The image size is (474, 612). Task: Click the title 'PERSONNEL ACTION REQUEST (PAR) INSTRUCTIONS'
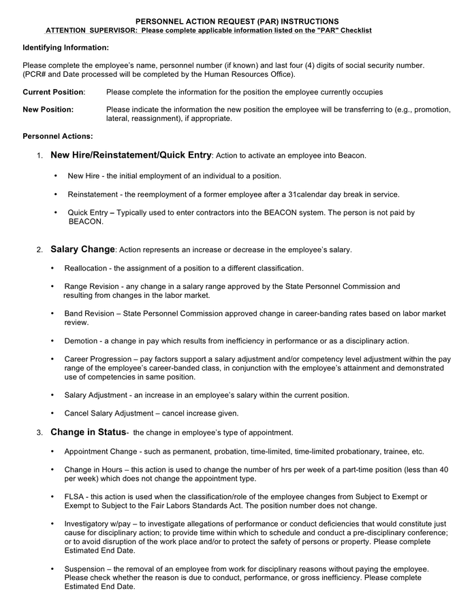click(237, 22)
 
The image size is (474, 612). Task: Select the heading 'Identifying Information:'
click(65, 48)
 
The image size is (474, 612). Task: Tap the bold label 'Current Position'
click(53, 92)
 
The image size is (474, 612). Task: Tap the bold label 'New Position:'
click(48, 109)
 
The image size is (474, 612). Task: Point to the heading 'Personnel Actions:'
click(58, 137)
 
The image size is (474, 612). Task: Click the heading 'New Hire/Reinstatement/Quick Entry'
click(131, 155)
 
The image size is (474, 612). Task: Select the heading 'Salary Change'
click(82, 250)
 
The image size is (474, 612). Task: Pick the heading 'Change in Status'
click(89, 432)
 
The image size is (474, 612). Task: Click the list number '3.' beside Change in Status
click(40, 432)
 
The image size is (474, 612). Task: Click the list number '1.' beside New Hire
click(40, 156)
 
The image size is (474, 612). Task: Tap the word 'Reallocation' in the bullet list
click(86, 269)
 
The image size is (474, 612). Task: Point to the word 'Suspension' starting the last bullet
click(85, 568)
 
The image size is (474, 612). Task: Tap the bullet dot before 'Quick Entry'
click(56, 212)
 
